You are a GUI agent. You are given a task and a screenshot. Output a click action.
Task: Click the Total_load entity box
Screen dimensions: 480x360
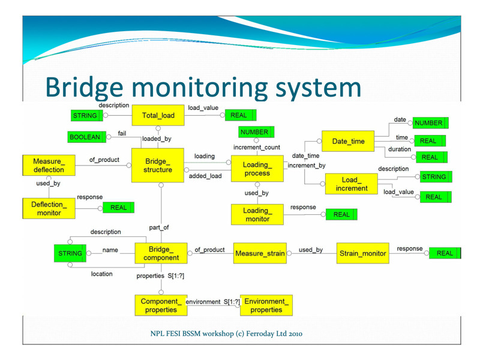pos(158,115)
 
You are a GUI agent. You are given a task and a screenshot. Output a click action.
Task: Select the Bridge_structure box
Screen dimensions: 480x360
pos(158,166)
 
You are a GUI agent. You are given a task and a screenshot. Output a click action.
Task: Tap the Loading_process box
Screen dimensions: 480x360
pos(257,169)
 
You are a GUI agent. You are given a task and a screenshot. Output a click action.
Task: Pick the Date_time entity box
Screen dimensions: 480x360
pos(348,141)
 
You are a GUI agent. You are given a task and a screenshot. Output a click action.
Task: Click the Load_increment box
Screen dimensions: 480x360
pos(352,184)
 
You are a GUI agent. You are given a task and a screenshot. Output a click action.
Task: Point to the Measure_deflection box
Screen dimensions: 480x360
pos(49,166)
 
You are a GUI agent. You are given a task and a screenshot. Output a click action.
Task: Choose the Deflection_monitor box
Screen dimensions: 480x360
pos(49,208)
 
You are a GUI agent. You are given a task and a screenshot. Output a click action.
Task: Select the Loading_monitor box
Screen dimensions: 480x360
pos(257,215)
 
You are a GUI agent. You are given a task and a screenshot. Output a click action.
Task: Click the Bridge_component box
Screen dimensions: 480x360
pos(161,253)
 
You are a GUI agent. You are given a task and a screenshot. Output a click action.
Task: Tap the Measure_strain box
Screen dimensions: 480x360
pos(260,253)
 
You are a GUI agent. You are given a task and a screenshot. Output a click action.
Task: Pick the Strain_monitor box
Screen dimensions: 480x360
pos(363,253)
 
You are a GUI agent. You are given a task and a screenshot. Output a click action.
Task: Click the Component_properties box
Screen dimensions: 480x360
pos(161,305)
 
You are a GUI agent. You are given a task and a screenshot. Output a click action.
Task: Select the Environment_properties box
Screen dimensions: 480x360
pos(266,305)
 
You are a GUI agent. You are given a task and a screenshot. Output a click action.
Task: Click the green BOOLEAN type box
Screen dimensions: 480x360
pos(87,137)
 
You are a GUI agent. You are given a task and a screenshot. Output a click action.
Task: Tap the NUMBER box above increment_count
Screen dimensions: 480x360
pos(256,132)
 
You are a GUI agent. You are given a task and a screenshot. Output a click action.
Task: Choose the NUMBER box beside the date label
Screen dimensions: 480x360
pos(430,123)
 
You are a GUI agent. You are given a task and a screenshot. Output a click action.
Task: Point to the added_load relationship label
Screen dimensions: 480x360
pos(205,176)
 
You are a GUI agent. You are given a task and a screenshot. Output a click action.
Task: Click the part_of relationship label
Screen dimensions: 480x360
pos(159,227)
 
